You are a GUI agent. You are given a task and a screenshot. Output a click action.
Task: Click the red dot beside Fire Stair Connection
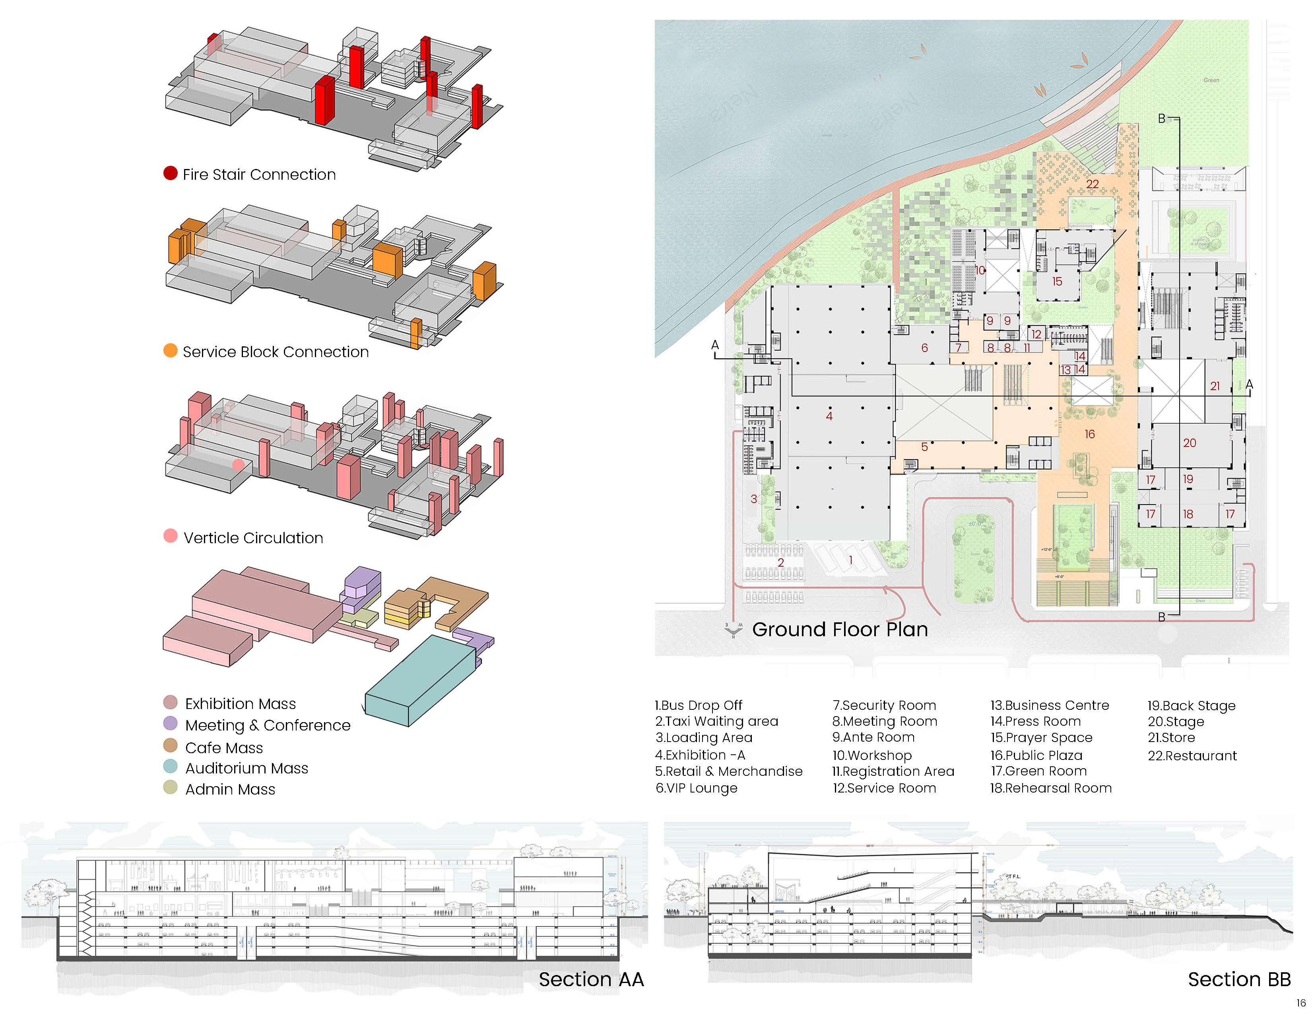coord(171,174)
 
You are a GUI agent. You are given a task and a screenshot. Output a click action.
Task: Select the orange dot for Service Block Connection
coord(171,351)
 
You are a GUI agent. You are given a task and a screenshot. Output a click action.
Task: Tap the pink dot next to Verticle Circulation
coord(171,536)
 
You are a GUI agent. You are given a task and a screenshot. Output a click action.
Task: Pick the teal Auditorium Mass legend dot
coord(171,767)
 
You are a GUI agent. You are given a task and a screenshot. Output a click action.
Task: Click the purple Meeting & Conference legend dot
coord(171,723)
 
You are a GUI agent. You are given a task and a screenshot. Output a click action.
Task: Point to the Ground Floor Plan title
coord(839,629)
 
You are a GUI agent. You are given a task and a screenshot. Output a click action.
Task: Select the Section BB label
coord(1239,979)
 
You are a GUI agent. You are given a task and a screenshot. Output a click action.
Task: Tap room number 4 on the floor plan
coord(829,416)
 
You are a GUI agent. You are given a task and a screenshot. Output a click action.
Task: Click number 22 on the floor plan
coord(1092,184)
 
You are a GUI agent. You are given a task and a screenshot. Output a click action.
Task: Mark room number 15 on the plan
coord(1057,281)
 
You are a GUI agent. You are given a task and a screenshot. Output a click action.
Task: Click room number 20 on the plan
coord(1190,443)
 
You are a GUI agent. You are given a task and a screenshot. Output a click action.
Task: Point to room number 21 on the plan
coord(1215,386)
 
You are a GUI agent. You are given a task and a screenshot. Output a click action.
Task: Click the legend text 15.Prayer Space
coord(1041,738)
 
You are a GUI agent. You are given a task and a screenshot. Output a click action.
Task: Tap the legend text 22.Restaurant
coord(1192,756)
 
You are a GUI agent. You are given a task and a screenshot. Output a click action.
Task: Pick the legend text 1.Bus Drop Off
coord(698,705)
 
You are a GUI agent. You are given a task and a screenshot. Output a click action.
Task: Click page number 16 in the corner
coord(1300,1002)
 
